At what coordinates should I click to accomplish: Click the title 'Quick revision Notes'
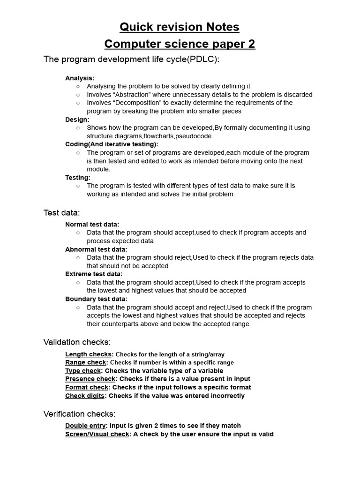click(x=180, y=27)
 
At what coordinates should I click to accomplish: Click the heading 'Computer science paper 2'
click(x=180, y=44)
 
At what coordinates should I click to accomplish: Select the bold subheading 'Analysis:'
click(x=80, y=78)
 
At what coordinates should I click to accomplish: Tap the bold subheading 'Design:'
click(x=77, y=120)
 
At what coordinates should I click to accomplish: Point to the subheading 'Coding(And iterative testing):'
click(x=112, y=144)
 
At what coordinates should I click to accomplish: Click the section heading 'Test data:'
click(x=61, y=213)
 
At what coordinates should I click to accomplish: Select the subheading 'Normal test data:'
click(x=92, y=225)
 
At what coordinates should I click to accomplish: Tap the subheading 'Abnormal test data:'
click(x=96, y=249)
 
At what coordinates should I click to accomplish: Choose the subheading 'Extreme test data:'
click(x=94, y=274)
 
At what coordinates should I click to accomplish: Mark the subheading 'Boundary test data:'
click(x=96, y=299)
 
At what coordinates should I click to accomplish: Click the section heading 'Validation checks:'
click(x=77, y=342)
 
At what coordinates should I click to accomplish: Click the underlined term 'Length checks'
click(x=88, y=354)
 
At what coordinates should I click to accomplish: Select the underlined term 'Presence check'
click(x=90, y=379)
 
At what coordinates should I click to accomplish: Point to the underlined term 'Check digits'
click(x=85, y=396)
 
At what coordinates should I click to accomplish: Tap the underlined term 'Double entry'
click(x=85, y=426)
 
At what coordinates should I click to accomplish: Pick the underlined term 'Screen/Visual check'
click(x=97, y=434)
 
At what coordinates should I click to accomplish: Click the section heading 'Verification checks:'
click(x=79, y=414)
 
